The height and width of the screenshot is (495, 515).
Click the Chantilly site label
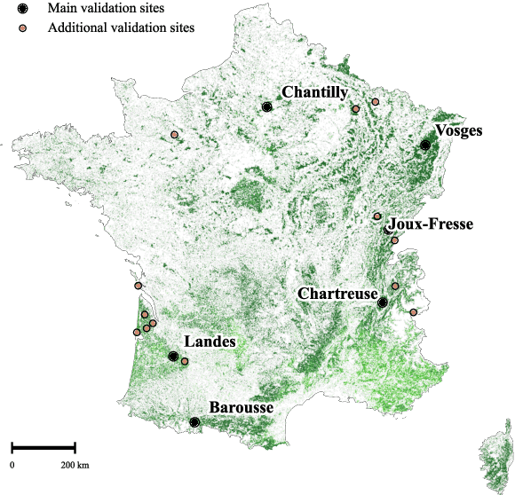click(314, 92)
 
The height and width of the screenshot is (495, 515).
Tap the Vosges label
click(460, 130)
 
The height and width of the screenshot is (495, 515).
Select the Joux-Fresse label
click(432, 224)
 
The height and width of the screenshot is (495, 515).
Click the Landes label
click(210, 342)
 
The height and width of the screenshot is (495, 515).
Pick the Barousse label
click(242, 408)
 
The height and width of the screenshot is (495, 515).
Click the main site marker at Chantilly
click(267, 107)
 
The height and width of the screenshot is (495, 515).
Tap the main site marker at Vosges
click(426, 145)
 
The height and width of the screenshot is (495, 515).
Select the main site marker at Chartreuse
click(383, 303)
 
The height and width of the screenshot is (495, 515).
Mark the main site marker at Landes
click(173, 356)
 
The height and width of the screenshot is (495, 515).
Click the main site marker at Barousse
click(194, 422)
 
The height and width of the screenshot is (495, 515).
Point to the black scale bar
click(43, 447)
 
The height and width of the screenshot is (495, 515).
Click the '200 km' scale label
click(75, 465)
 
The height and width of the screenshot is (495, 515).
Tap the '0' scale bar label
click(12, 465)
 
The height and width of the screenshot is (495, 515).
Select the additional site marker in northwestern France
click(174, 135)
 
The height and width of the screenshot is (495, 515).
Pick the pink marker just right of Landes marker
click(185, 361)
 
